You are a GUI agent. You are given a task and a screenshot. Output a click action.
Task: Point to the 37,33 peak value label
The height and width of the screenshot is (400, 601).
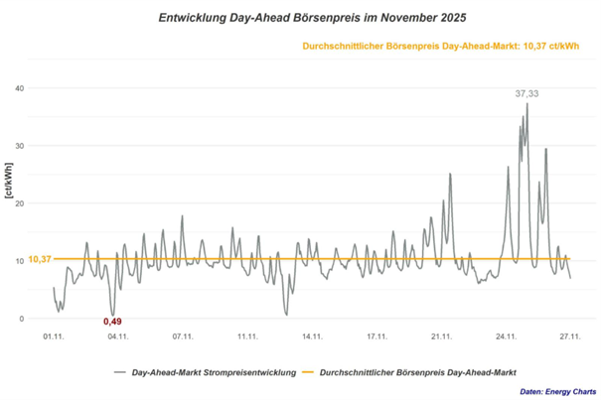[x=526, y=93]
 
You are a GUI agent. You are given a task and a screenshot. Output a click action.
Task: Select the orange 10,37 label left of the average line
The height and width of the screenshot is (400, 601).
[x=40, y=259]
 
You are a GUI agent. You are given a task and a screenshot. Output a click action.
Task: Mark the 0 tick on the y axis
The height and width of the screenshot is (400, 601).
[x=35, y=319]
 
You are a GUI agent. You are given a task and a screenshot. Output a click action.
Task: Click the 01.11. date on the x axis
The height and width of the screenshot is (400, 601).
[x=54, y=337]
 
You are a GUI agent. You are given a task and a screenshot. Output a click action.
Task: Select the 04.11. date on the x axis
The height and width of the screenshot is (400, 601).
[x=118, y=337]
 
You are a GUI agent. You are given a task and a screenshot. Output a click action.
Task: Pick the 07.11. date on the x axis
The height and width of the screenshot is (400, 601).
[x=183, y=337]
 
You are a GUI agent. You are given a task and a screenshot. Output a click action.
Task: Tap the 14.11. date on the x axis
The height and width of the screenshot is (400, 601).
[x=312, y=337]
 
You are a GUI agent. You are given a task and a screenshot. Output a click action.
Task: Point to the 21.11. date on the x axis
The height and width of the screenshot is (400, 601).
[x=441, y=337]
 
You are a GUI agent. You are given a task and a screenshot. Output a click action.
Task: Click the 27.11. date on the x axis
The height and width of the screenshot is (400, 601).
[x=570, y=337]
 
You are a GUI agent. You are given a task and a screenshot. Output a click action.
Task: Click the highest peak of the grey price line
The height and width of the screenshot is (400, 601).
[x=526, y=104]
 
